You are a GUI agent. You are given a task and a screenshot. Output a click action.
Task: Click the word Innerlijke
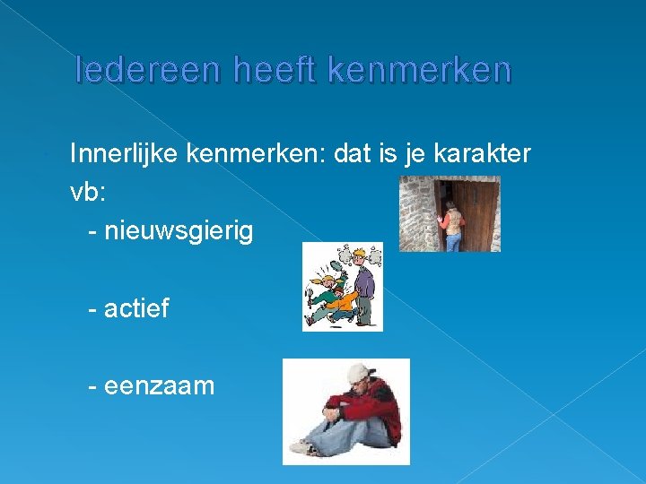click(125, 155)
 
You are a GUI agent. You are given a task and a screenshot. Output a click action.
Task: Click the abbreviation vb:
click(87, 193)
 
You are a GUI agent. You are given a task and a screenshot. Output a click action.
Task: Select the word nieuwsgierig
click(179, 231)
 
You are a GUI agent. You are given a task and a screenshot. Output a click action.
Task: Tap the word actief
click(136, 309)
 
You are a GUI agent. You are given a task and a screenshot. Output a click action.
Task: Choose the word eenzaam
click(159, 386)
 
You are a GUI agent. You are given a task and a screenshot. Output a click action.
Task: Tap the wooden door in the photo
click(478, 213)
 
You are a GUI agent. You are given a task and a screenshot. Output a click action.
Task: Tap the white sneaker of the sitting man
click(302, 445)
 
